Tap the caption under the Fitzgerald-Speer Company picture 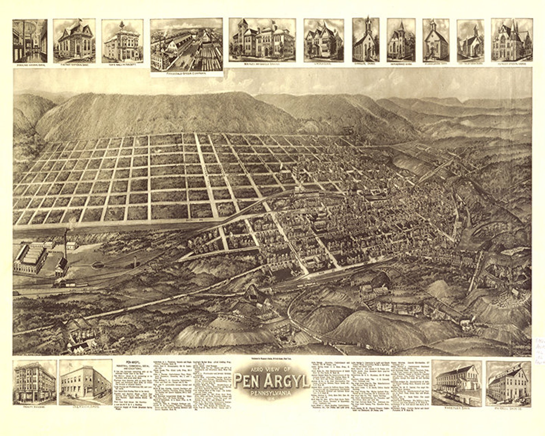186,73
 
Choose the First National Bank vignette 74,41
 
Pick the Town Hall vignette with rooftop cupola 122,41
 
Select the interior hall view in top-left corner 30,41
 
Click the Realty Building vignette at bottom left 34,382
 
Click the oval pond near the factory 97,264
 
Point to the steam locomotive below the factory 60,283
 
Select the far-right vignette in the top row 511,40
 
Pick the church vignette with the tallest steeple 366,40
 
